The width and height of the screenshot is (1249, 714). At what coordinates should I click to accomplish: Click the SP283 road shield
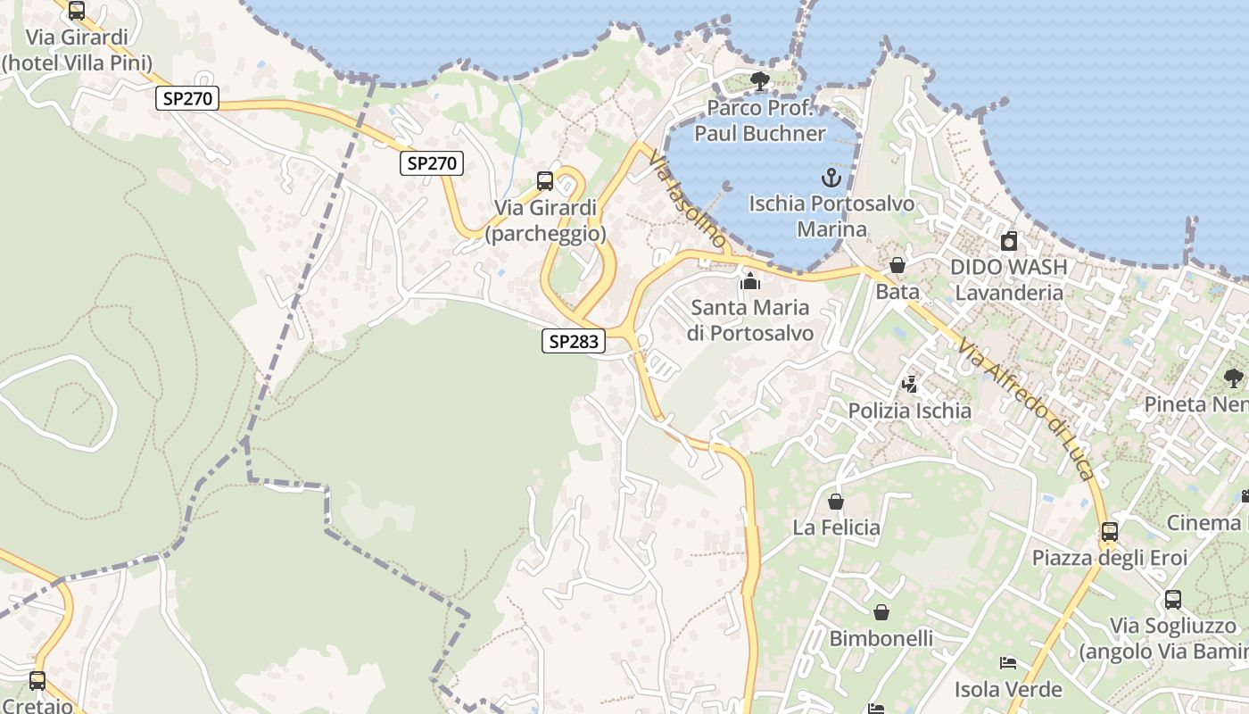(574, 340)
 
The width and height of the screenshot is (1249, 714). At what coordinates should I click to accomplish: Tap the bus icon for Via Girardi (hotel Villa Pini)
(77, 11)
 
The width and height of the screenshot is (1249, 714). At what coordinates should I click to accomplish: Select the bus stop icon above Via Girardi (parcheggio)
(544, 181)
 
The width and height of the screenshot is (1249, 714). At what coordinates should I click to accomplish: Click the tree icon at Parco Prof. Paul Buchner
(760, 81)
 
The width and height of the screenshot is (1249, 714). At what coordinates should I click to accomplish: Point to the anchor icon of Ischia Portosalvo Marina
(831, 178)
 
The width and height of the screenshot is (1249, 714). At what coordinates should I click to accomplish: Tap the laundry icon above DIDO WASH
(1009, 241)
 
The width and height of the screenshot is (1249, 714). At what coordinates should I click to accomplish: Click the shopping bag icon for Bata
(897, 265)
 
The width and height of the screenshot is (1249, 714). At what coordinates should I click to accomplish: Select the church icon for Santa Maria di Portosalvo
(750, 282)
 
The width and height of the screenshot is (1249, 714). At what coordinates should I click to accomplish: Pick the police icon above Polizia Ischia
(910, 385)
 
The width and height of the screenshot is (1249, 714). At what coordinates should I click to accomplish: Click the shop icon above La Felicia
(836, 502)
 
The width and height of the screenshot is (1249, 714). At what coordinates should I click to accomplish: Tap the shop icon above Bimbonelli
(881, 612)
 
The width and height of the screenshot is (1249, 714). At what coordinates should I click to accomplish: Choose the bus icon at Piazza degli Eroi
(1110, 532)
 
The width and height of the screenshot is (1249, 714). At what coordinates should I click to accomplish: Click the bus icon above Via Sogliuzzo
(1173, 600)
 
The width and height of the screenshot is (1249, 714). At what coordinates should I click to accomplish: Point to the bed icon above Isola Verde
(1008, 663)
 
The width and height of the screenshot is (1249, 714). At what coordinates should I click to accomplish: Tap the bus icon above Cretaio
(37, 681)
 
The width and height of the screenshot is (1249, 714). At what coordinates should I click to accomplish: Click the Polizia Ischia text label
(910, 411)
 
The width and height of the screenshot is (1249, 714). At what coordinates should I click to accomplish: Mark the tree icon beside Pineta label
(1234, 378)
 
